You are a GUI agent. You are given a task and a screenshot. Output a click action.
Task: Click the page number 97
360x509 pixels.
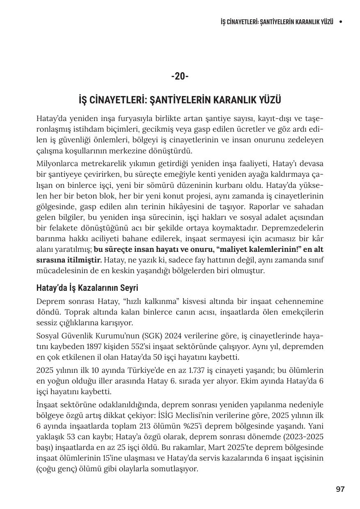click(x=340, y=489)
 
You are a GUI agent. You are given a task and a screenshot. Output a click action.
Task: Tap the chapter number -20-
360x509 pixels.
click(x=180, y=76)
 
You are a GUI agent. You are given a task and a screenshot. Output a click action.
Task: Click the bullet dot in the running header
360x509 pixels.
click(x=341, y=21)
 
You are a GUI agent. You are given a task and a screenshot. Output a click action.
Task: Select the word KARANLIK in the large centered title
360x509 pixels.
click(x=239, y=100)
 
